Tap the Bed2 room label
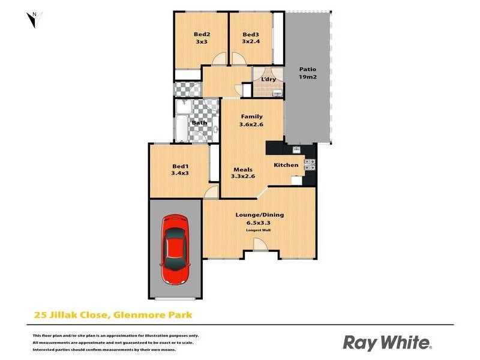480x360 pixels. pyautogui.click(x=201, y=34)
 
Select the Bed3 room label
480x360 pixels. pyautogui.click(x=251, y=34)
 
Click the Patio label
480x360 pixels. pyautogui.click(x=308, y=69)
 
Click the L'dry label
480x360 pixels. pyautogui.click(x=268, y=79)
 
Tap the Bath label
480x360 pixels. pyautogui.click(x=199, y=123)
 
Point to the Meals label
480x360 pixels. pyautogui.click(x=243, y=169)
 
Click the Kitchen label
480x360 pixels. pyautogui.click(x=286, y=165)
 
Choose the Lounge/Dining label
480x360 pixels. pyautogui.click(x=259, y=215)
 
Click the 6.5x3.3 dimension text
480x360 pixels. pyautogui.click(x=259, y=223)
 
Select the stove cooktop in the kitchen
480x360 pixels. pyautogui.click(x=310, y=165)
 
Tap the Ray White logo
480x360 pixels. pyautogui.click(x=387, y=343)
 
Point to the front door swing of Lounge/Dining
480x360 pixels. pyautogui.click(x=259, y=244)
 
